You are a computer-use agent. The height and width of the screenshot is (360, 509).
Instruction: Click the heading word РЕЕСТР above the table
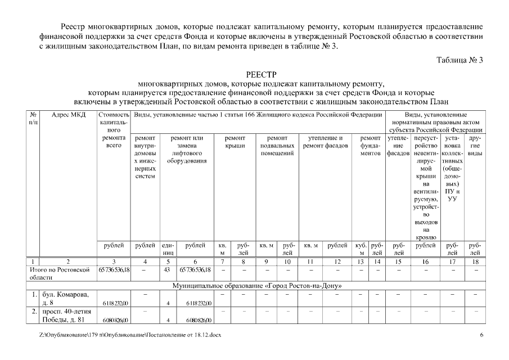pyautogui.click(x=262, y=75)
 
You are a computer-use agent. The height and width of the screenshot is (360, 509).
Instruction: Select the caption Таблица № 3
pyautogui.click(x=460, y=60)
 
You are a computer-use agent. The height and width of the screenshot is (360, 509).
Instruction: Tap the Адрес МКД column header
pyautogui.click(x=68, y=115)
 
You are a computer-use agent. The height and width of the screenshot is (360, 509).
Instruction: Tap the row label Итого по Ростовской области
pyautogui.click(x=59, y=274)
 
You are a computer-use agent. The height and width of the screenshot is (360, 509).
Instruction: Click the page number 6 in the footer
pyautogui.click(x=481, y=335)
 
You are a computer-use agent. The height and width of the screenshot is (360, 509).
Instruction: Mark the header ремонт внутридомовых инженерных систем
pyautogui.click(x=145, y=157)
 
